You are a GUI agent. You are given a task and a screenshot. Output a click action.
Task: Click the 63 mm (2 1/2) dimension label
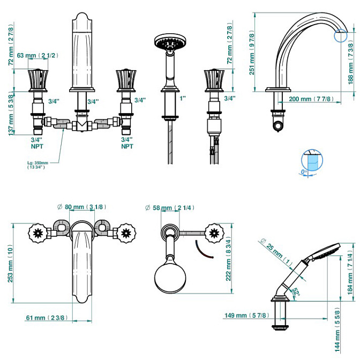coord(37,55)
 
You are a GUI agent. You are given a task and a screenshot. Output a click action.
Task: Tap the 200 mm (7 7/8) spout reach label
coord(311,99)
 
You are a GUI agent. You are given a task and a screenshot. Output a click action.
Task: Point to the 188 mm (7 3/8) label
coord(350,64)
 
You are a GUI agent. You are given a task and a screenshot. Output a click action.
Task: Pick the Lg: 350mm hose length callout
coord(37,165)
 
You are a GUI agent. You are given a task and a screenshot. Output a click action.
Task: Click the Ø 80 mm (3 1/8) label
coord(82,207)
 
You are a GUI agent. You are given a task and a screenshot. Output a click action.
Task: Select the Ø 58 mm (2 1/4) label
coord(170,208)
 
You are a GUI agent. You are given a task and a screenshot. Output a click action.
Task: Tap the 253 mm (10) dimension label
coord(10,264)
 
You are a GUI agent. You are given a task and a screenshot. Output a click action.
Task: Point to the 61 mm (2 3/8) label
coord(47,318)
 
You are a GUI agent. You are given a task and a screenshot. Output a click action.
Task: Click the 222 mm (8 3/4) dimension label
coord(228,259)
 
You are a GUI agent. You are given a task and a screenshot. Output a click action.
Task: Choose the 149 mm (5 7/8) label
coord(246,316)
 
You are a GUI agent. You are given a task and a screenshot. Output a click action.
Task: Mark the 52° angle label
coord(296,292)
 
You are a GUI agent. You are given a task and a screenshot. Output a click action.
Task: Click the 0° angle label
coord(304,172)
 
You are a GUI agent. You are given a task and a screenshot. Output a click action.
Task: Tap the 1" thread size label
coord(183,99)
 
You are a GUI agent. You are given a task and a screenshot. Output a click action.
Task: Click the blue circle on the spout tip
coord(341,35)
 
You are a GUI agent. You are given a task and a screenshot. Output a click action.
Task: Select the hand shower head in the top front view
coord(170,42)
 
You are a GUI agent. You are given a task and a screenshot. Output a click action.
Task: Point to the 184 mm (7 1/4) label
coord(350,272)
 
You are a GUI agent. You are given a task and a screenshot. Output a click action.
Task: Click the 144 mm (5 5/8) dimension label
coord(337,329)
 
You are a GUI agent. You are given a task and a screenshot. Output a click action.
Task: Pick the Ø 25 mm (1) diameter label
coord(276,251)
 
